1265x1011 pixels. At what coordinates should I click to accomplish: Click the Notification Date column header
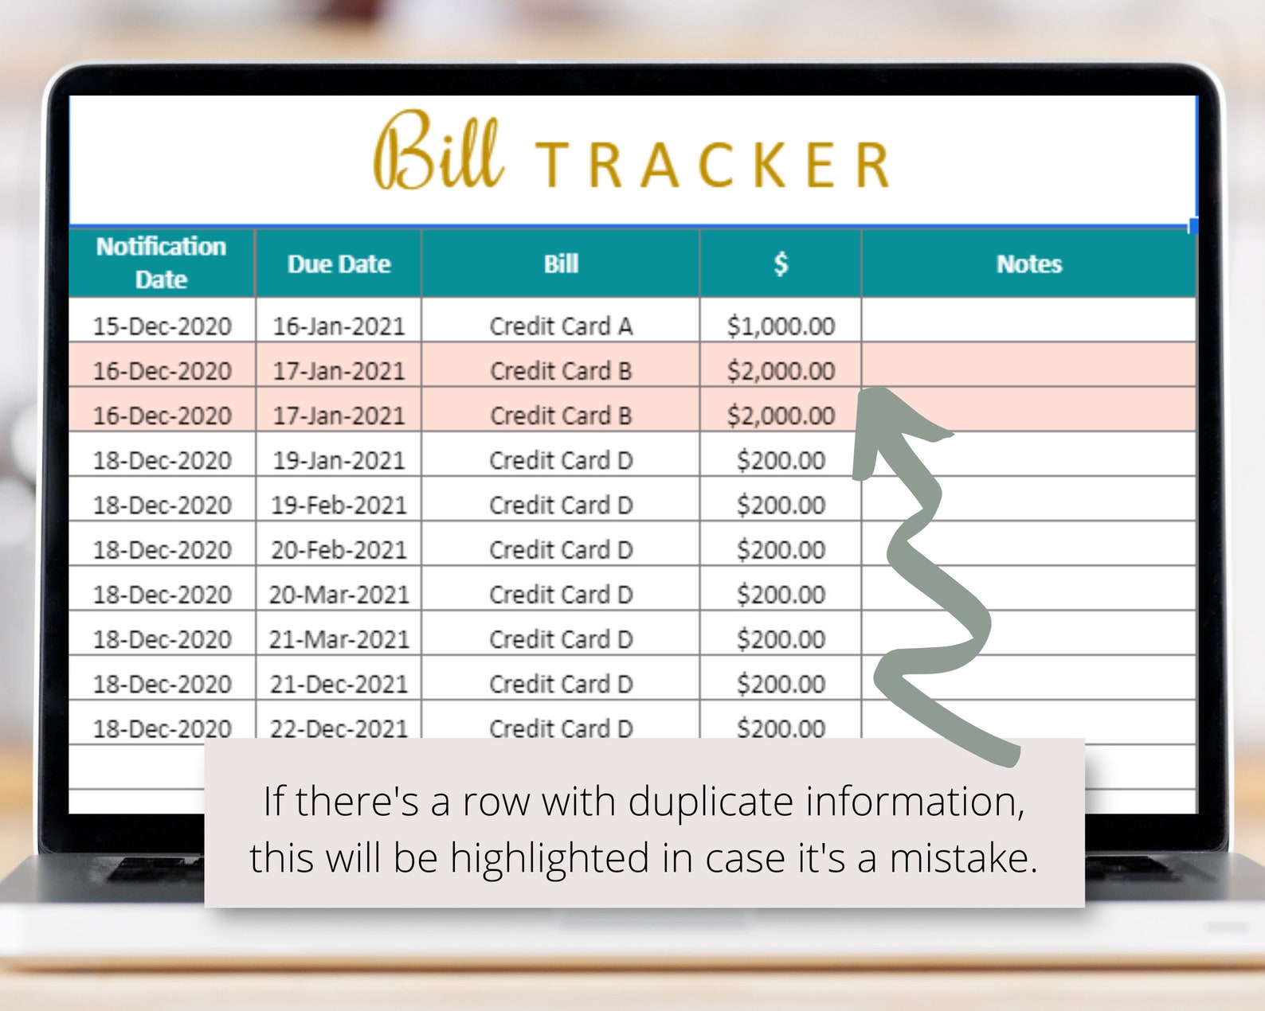(x=161, y=263)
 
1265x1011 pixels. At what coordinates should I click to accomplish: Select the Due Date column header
(x=339, y=263)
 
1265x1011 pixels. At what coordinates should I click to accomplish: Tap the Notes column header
(x=1028, y=263)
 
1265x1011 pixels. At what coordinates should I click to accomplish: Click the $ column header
(x=780, y=263)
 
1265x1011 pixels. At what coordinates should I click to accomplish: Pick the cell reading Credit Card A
(x=561, y=326)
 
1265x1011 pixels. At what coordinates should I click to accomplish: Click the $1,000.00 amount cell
(x=781, y=326)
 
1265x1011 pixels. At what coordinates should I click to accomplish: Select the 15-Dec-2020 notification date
(x=163, y=326)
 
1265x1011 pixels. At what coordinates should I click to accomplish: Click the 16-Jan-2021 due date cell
(x=339, y=326)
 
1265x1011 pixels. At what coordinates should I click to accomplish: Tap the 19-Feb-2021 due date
(x=339, y=506)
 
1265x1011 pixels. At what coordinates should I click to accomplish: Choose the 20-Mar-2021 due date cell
(x=339, y=595)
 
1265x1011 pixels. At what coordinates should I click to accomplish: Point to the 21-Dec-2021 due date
(x=339, y=684)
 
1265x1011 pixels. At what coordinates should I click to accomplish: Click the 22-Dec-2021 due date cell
(x=339, y=728)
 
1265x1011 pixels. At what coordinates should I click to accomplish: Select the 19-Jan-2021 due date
(x=339, y=461)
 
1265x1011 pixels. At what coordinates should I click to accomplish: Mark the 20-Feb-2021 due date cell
(x=339, y=550)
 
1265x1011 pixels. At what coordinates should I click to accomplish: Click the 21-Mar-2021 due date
(x=339, y=639)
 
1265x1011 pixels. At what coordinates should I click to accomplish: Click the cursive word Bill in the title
(x=438, y=150)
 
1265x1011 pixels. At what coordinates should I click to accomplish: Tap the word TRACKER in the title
(x=712, y=165)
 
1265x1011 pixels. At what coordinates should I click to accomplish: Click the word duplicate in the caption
(x=711, y=804)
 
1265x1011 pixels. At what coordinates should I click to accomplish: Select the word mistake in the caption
(x=963, y=858)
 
